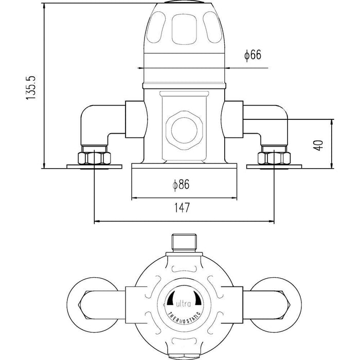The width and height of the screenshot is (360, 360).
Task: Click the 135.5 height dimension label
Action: point(31,87)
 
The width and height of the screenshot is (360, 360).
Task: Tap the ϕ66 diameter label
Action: point(253,56)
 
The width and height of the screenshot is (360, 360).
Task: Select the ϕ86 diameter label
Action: point(181,185)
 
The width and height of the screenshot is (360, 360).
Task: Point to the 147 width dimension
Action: point(182,208)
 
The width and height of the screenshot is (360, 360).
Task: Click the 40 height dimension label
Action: point(318,145)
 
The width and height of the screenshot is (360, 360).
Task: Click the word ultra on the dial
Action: point(183,304)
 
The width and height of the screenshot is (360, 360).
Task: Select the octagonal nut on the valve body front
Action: point(184,131)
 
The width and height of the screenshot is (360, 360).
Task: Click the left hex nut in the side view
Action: point(94,158)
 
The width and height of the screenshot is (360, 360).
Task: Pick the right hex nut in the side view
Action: point(274,158)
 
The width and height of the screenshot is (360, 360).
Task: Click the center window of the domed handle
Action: point(184,29)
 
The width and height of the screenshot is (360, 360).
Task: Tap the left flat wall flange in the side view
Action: point(94,167)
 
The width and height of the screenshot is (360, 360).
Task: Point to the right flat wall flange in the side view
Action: point(274,167)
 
